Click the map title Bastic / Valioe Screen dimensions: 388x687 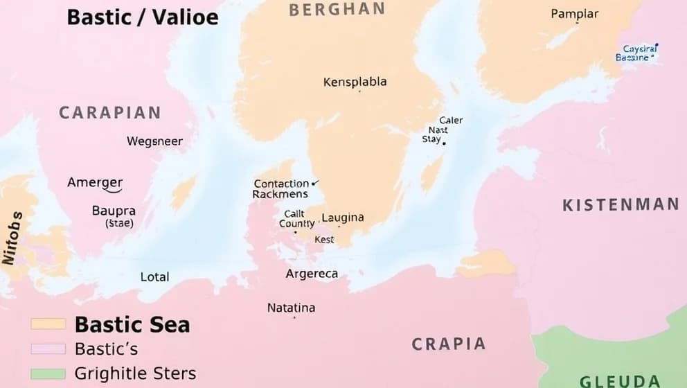coord(142,17)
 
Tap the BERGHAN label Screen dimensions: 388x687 coord(337,9)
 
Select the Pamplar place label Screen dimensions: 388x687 coord(574,14)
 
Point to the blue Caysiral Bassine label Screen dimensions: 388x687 coord(636,53)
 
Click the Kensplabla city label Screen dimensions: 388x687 coord(355,82)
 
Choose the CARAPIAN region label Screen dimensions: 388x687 coord(109,112)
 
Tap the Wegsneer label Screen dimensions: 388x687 coord(154,141)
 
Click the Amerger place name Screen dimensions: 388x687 coord(95,183)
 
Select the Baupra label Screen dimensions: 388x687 coord(114,211)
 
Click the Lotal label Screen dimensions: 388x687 coord(154,276)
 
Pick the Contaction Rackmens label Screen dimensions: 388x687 coord(281,189)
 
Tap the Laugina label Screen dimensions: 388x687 coord(343,218)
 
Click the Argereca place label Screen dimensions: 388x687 coord(312,274)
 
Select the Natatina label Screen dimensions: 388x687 coord(291,308)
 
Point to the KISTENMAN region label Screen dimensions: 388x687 coord(621,204)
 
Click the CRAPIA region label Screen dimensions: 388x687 coord(448,344)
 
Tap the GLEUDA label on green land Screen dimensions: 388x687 coord(619,380)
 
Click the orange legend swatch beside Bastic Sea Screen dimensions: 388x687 coord(48,324)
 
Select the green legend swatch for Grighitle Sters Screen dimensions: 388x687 coord(48,374)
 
